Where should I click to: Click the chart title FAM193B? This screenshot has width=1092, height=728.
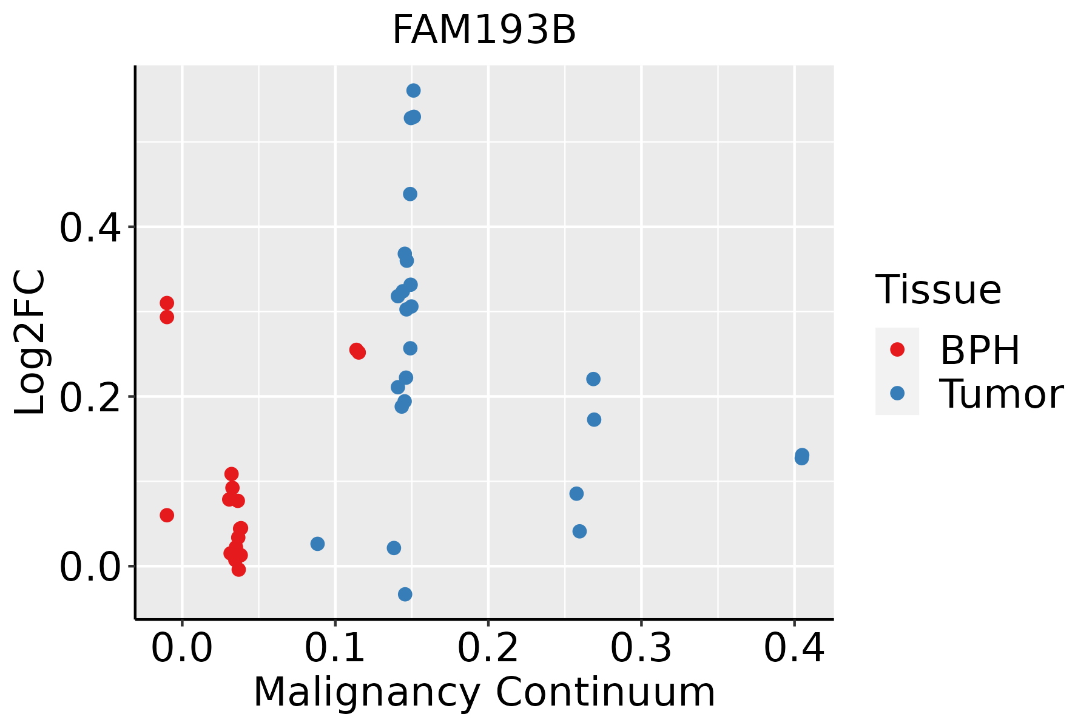[484, 30]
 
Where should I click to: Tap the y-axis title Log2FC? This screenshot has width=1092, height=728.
[30, 342]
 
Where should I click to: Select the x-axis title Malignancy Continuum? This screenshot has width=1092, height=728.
[484, 692]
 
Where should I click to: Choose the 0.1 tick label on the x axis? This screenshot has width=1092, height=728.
[335, 649]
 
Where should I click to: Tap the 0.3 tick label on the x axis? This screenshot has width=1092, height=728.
[641, 649]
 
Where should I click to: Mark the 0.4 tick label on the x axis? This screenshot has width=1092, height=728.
[794, 649]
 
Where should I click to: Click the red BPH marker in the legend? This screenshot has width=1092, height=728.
[897, 349]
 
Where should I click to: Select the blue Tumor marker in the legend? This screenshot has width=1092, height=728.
[897, 393]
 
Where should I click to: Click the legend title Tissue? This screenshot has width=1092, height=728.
[939, 290]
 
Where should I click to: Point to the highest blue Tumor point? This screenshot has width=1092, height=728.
[414, 91]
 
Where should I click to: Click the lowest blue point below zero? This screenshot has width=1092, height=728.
[405, 594]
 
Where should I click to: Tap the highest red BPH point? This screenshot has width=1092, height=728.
[167, 303]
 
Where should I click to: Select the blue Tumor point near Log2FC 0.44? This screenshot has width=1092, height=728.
[410, 194]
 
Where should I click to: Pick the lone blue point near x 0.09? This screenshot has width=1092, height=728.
[317, 544]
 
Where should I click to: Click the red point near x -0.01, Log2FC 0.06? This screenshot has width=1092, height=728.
[167, 515]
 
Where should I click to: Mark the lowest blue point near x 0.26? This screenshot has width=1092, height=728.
[579, 531]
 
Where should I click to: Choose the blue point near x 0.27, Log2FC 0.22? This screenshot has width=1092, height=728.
[593, 379]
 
